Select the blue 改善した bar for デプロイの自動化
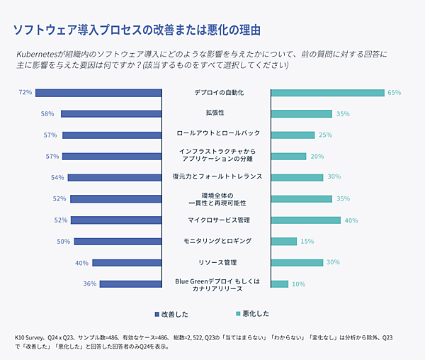(x=99, y=92)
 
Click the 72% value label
(x=25, y=92)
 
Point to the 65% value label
(x=395, y=92)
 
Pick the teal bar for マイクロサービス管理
(x=301, y=220)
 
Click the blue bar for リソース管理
(x=128, y=262)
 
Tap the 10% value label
(x=298, y=283)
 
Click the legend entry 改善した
(x=170, y=313)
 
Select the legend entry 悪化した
(x=251, y=313)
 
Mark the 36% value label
(x=90, y=283)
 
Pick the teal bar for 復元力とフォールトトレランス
(x=297, y=177)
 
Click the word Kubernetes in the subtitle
(x=38, y=55)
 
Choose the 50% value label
(x=64, y=241)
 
